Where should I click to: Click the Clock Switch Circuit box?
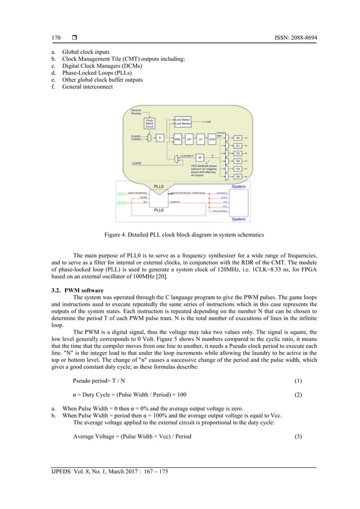coord(150,124)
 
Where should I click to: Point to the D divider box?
coord(160,138)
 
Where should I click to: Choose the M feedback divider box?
coord(200,157)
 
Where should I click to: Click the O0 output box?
coord(238,138)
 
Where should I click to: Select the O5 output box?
coord(238,177)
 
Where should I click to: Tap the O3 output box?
coord(238,161)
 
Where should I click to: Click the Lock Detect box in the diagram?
coord(183,120)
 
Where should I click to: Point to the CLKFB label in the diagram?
coord(137,163)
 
